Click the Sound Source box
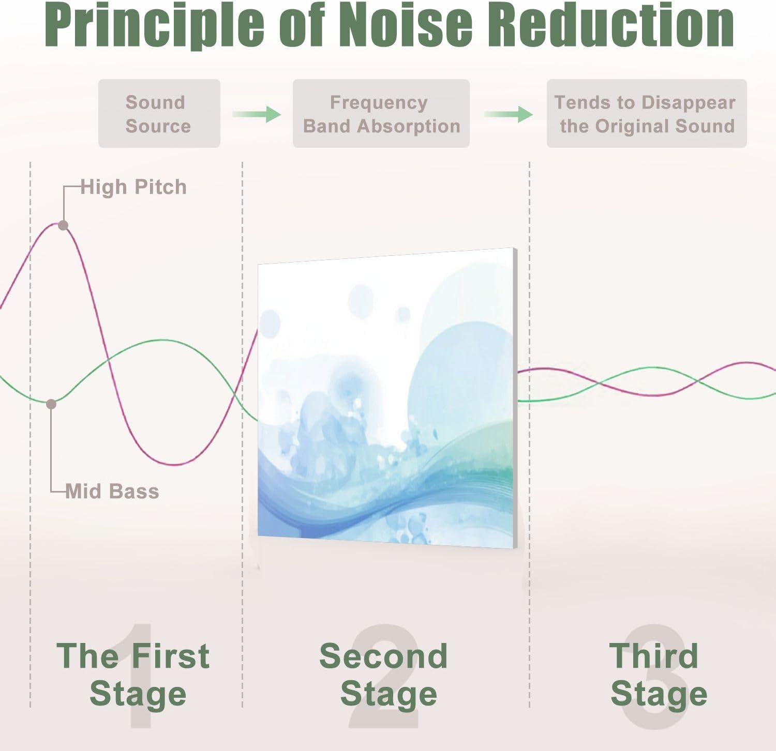[x=159, y=113]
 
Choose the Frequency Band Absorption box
[x=381, y=113]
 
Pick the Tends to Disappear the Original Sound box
[x=647, y=113]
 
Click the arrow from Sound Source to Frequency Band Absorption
[x=257, y=114]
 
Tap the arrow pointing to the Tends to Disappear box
[x=509, y=114]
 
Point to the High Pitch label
[x=133, y=188]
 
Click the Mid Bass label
[x=112, y=491]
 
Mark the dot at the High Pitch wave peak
[x=63, y=225]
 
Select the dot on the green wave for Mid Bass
[x=51, y=404]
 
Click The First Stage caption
[x=133, y=675]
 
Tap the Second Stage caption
[x=384, y=675]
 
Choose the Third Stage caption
[x=658, y=675]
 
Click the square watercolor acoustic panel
[x=387, y=398]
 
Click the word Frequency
[x=379, y=103]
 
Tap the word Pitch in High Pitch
[x=160, y=187]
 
